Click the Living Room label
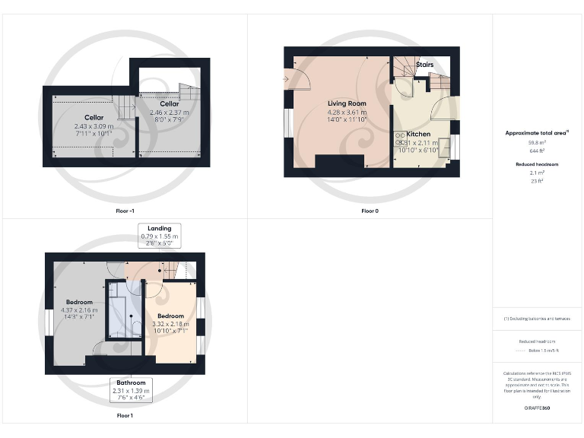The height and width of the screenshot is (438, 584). [347, 103]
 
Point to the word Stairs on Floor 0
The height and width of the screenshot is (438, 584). [424, 65]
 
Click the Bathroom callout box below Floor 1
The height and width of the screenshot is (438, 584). [132, 389]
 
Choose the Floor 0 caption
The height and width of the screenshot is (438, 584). [370, 211]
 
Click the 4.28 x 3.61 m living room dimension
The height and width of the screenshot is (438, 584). [347, 112]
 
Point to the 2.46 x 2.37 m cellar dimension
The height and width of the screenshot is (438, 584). [170, 112]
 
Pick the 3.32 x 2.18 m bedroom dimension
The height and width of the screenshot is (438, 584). [170, 324]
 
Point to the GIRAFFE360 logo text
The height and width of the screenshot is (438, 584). [537, 409]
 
